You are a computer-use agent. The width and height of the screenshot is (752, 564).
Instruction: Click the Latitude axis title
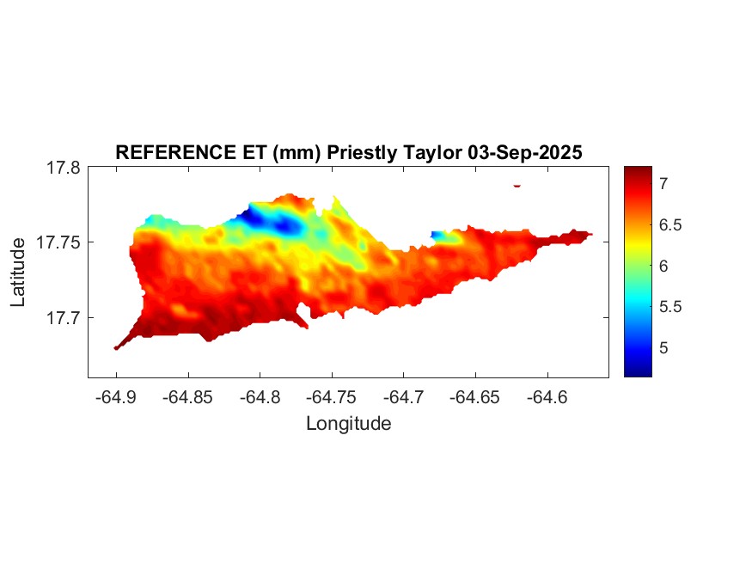point(18,273)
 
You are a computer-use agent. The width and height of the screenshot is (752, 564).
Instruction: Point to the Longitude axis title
point(348,424)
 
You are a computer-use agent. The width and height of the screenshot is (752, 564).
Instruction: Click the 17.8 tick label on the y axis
point(63,169)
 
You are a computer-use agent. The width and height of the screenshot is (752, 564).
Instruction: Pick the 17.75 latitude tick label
point(58,242)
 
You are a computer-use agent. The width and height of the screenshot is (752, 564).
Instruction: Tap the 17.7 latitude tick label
point(63,317)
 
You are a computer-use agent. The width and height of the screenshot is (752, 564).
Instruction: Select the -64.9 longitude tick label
point(117,397)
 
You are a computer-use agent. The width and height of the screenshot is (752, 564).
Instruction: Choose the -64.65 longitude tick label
point(475,397)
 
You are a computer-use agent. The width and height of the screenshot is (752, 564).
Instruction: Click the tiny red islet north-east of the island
point(517,185)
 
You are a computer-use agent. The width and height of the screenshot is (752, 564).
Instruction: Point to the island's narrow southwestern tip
point(117,346)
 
